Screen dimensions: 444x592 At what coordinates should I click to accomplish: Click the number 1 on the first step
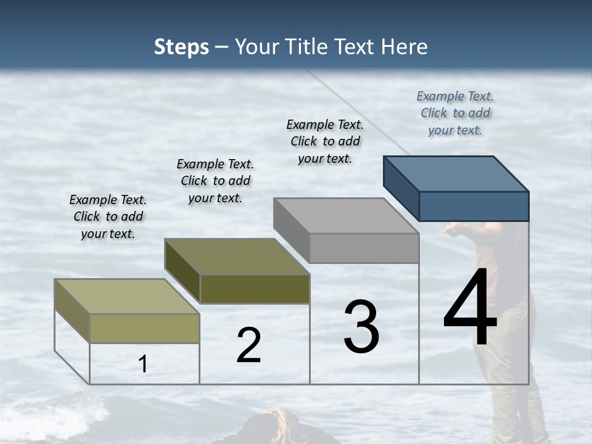pos(143,364)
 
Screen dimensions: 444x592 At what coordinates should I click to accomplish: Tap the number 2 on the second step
pos(249,345)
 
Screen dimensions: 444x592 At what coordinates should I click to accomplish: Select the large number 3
pos(361,327)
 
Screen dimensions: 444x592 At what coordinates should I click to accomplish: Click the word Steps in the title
pos(181,47)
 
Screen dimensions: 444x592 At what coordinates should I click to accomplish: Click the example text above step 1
pos(108,216)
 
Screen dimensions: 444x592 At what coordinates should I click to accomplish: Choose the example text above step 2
pos(215,181)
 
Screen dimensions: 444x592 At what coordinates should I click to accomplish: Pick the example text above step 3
pos(325,141)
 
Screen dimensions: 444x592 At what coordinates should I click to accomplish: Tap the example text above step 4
pos(455,113)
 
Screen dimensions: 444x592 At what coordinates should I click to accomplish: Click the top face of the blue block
pos(456,173)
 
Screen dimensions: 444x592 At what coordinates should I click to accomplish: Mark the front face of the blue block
pos(474,206)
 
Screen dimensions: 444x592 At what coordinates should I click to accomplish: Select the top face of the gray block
pos(346,215)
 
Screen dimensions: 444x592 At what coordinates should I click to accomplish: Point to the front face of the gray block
pos(364,248)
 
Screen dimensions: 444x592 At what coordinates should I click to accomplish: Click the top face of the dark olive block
pos(237,256)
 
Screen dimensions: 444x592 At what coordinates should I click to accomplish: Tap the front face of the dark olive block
pos(255,289)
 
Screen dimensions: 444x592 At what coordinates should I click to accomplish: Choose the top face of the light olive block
pos(127,296)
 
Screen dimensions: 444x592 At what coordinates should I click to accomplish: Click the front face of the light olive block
pos(144,328)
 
